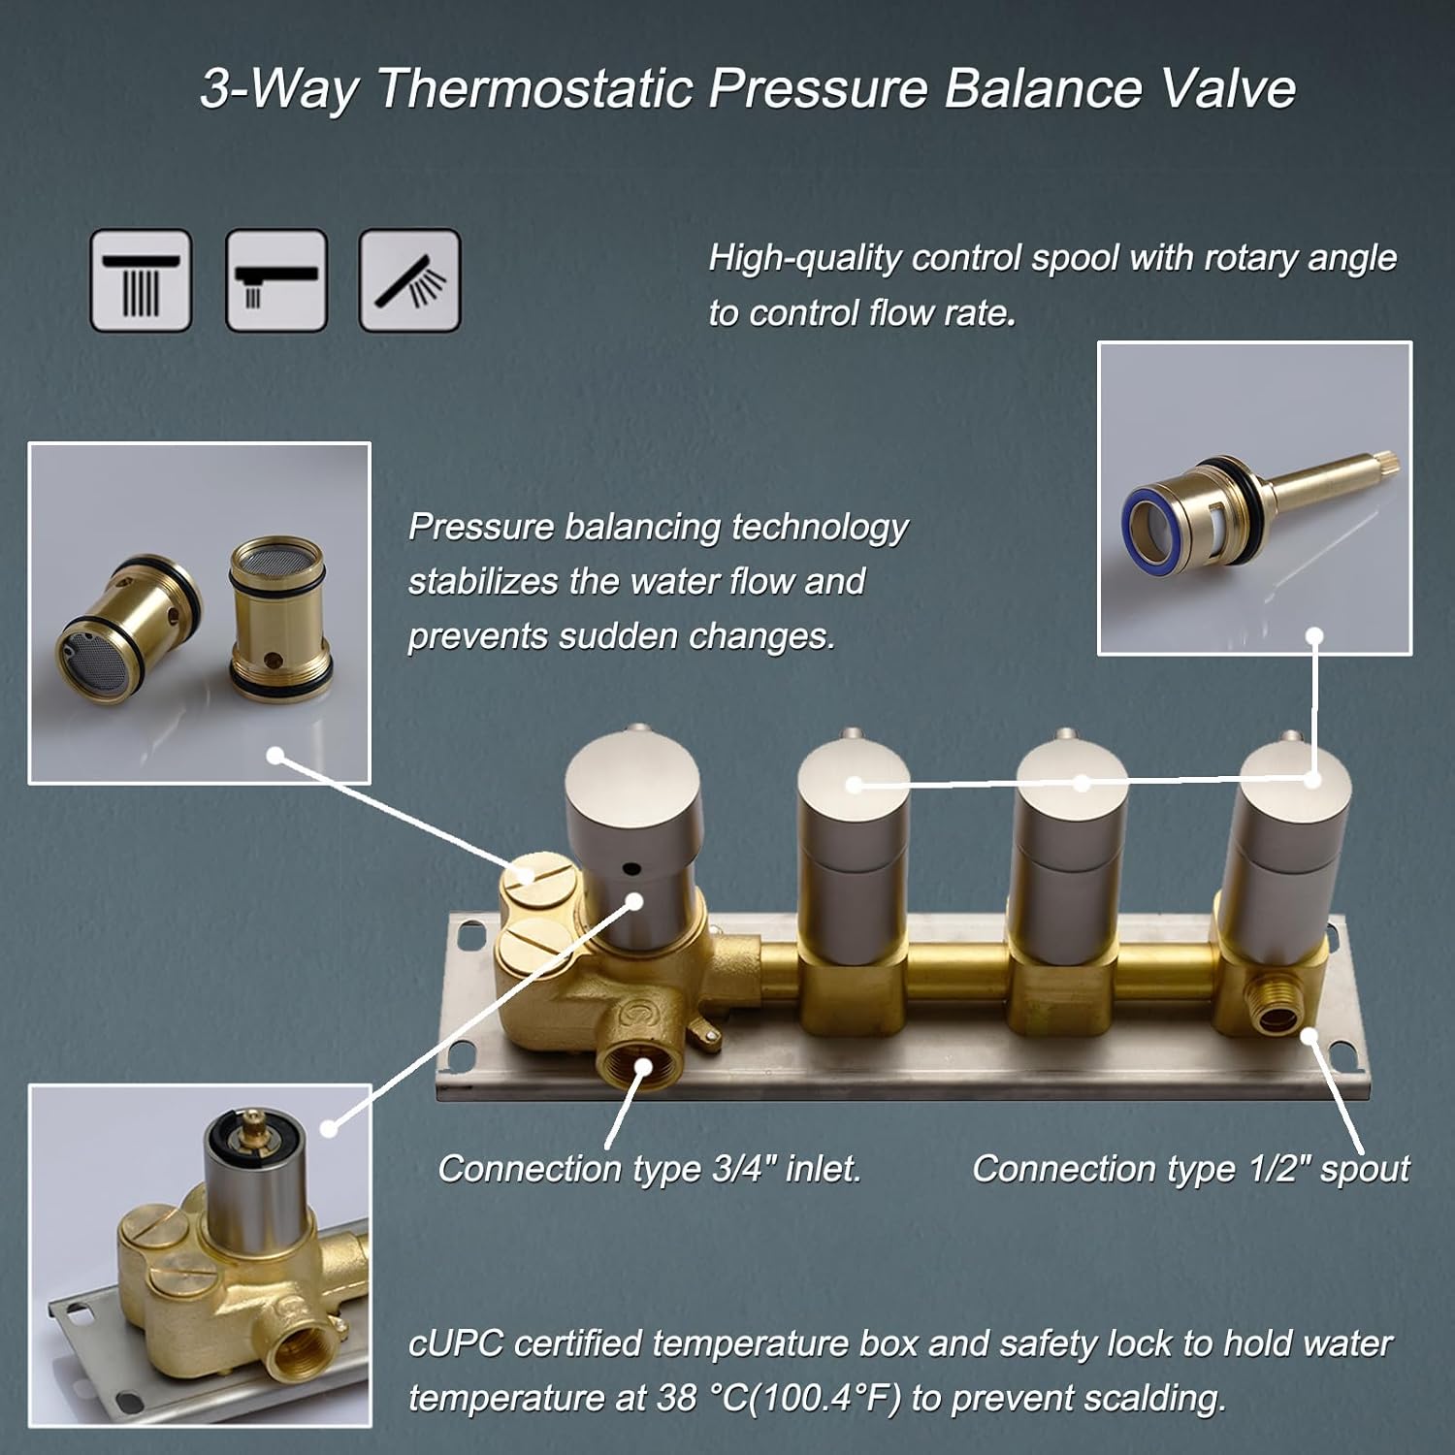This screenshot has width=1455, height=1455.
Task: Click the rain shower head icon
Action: [x=141, y=280]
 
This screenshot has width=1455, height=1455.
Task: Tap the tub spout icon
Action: [x=275, y=280]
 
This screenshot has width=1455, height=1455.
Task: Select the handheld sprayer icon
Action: [x=409, y=280]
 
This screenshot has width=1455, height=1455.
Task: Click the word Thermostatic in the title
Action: [x=534, y=89]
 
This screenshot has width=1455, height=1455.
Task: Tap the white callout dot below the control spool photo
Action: [x=1314, y=636]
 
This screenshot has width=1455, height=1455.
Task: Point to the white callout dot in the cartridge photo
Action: [x=275, y=755]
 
